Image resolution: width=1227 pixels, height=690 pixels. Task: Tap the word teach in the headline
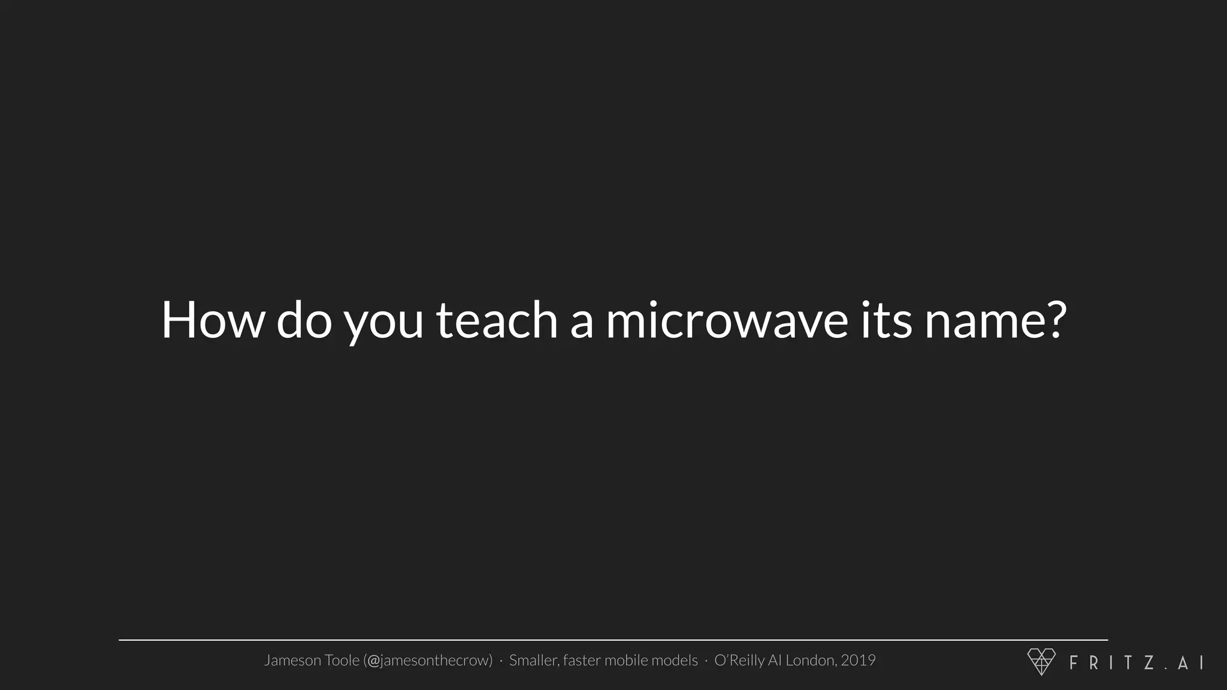[x=497, y=320]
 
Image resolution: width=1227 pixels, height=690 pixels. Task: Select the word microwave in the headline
[x=727, y=320]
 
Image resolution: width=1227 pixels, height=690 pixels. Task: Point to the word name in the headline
[x=980, y=320]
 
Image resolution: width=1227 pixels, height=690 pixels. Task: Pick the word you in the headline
[x=383, y=323]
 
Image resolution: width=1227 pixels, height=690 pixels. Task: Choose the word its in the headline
[x=886, y=320]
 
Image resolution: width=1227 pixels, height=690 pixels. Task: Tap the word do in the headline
[x=304, y=320]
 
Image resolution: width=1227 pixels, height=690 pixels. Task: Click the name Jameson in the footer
[x=293, y=660]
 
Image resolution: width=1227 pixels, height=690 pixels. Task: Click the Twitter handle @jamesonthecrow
[x=429, y=660]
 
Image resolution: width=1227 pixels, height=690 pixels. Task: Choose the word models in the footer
[x=675, y=660]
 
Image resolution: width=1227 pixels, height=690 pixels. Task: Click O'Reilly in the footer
[x=739, y=660]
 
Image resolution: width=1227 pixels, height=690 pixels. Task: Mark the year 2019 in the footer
[x=858, y=660]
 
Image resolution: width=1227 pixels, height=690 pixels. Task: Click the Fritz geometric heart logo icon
[x=1041, y=661]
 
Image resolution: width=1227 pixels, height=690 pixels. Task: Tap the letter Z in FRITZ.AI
[x=1149, y=662]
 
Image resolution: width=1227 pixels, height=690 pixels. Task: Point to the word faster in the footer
[x=581, y=660]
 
